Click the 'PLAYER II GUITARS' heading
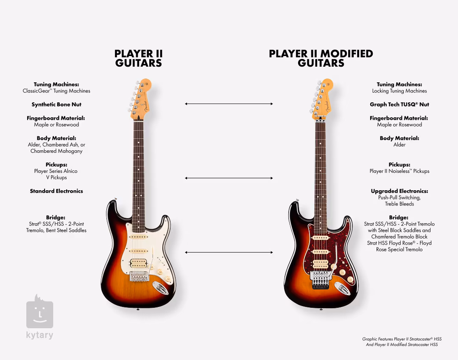(138, 59)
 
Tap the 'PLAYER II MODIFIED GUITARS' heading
(321, 59)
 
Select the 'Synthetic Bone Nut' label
(56, 104)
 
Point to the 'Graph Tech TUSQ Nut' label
(399, 104)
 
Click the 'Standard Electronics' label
(56, 191)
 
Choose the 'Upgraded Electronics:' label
(399, 191)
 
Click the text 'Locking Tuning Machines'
(399, 91)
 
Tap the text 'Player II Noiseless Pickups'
(399, 171)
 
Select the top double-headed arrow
(229, 104)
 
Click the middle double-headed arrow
(229, 178)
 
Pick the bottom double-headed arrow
(229, 252)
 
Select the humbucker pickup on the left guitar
(138, 263)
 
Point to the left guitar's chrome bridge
(140, 276)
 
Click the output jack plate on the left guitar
(160, 288)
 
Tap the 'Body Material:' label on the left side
(56, 138)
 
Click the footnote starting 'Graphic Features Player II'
(402, 342)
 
